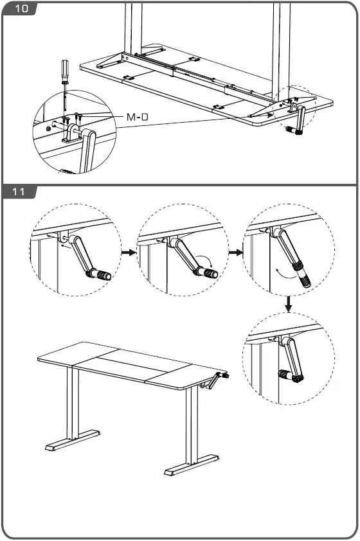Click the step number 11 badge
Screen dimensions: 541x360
[x=19, y=192]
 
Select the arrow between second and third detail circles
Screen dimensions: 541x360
[x=235, y=253]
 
